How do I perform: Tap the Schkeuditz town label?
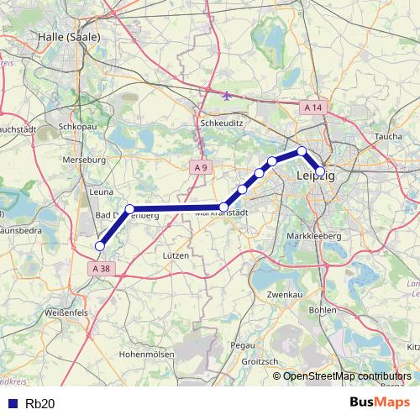tap(222, 121)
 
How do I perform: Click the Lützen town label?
tap(176, 255)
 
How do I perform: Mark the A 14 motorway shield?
tap(313, 108)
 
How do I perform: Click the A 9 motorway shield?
tap(199, 168)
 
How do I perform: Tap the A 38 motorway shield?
tap(100, 268)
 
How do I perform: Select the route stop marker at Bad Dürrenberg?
tap(129, 208)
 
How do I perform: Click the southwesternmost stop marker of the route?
tap(100, 246)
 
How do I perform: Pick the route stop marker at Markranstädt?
tap(224, 207)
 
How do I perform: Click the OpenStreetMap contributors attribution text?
tap(347, 376)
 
